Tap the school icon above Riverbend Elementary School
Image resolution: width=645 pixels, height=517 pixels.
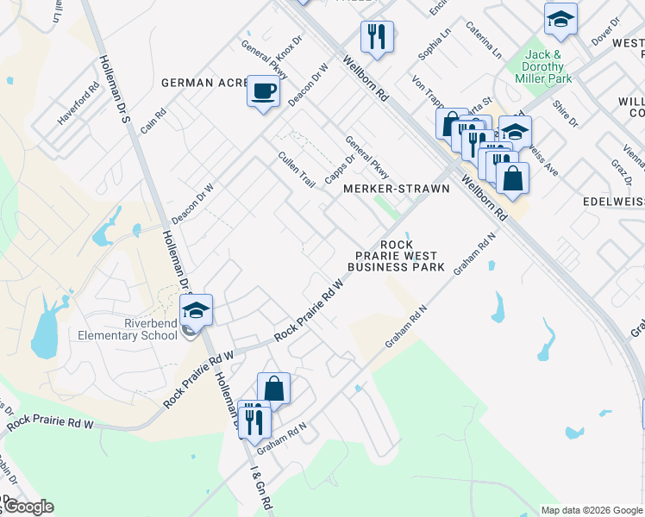[196, 310]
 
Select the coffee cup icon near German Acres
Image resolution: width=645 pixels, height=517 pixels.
[263, 90]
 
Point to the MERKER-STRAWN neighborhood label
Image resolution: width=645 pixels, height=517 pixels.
[397, 189]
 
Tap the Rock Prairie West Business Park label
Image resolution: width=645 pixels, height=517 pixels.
[396, 256]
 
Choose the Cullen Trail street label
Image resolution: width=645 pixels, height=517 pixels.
[296, 170]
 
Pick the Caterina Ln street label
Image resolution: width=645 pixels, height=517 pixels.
[484, 41]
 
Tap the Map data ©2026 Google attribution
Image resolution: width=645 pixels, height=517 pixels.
[591, 509]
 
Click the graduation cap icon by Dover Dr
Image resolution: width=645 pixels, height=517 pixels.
[560, 20]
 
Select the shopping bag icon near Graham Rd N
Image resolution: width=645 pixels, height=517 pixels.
[273, 389]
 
